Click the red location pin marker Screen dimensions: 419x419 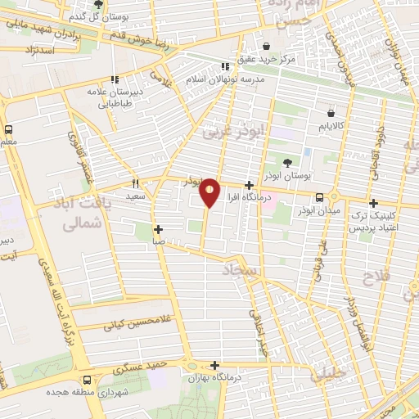[209, 192]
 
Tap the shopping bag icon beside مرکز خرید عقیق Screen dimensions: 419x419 [267, 46]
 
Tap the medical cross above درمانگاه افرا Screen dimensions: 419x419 [249, 185]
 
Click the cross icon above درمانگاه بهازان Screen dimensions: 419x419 [214, 365]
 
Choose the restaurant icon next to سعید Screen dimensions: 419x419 [136, 183]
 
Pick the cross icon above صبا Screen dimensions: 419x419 [158, 230]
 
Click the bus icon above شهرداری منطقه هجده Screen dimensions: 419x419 [87, 381]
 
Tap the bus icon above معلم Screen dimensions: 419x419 [8, 129]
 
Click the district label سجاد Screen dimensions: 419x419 [240, 270]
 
